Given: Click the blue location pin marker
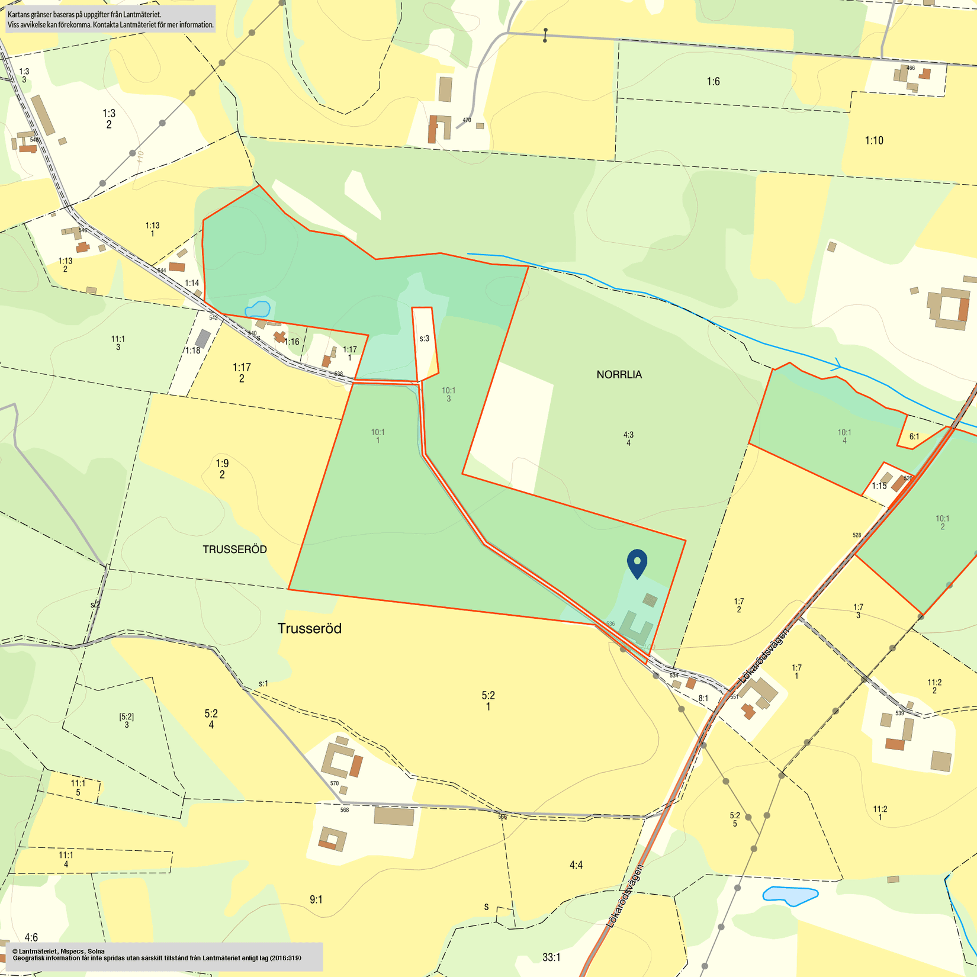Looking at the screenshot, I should coord(637,563).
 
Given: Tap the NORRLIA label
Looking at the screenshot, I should coord(619,374).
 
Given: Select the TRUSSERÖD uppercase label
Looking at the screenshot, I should coord(234,549).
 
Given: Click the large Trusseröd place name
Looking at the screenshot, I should coord(310,628).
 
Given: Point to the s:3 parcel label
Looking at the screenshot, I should coord(424,339).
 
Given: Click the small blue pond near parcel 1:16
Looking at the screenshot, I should coord(258,309).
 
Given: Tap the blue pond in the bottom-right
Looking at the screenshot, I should coord(790,895).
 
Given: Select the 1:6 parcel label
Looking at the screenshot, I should coord(713,81).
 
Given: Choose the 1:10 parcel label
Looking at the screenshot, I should coord(874,140).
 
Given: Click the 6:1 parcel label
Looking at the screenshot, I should coord(914,437).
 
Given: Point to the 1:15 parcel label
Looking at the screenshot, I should coord(879,486).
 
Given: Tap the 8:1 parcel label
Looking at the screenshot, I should coord(703,699).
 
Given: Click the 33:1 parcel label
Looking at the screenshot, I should coord(551,957).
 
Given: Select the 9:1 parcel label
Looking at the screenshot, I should coord(316,899).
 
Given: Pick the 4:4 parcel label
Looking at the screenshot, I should coord(576,865).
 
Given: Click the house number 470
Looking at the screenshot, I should coord(467,120).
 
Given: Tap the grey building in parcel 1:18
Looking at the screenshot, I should coord(203,339).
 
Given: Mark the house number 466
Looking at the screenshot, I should coord(911,68).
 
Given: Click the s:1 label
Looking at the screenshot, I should coord(263,683).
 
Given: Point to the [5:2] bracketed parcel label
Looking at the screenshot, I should coord(126,716).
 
